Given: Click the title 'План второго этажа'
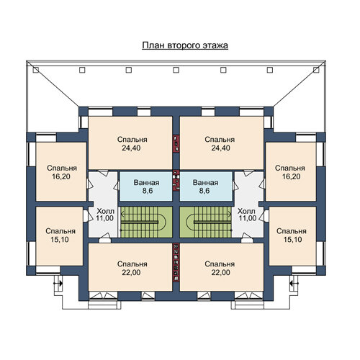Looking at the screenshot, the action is click(185, 45).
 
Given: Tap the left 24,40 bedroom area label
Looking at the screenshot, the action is click(131, 148).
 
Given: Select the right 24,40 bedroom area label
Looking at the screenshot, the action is click(220, 148).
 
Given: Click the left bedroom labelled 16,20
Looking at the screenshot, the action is click(61, 171).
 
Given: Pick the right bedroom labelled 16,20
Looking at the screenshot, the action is click(291, 171).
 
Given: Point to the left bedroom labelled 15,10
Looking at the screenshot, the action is click(60, 236).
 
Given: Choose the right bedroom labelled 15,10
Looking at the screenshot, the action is click(292, 236).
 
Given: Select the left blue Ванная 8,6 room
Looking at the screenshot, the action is click(146, 186).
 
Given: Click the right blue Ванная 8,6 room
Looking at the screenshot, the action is click(206, 186).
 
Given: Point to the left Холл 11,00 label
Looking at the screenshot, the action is click(105, 215).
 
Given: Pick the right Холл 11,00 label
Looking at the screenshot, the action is click(247, 215).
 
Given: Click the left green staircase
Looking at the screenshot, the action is click(146, 222).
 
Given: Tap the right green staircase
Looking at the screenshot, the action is click(206, 222).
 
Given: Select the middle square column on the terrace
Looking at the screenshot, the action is click(176, 70).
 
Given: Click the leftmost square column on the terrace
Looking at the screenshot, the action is click(36, 70).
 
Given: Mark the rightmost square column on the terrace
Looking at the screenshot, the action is click(316, 70).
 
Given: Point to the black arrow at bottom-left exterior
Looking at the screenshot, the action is click(58, 284).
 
